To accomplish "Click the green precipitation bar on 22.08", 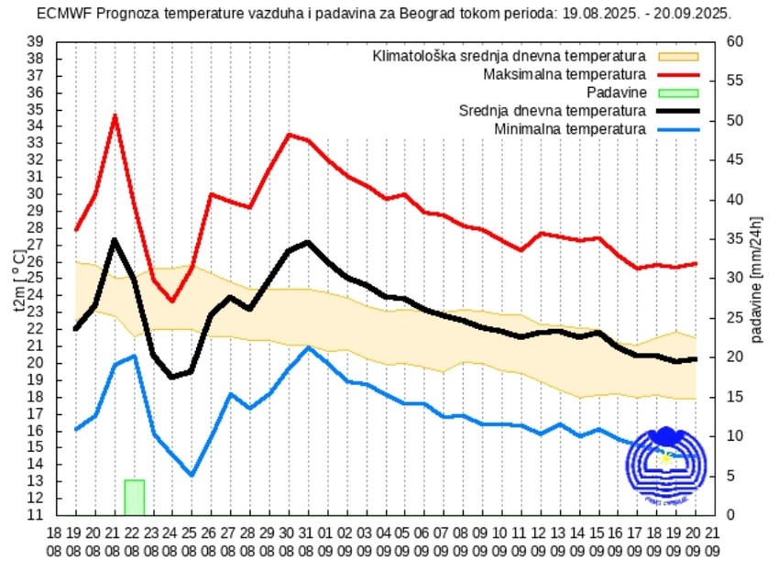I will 134,497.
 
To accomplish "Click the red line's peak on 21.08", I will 115,115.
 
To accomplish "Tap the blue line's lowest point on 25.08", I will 192,475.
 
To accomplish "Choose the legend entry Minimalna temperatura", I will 570,129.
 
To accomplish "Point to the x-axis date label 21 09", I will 712,540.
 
